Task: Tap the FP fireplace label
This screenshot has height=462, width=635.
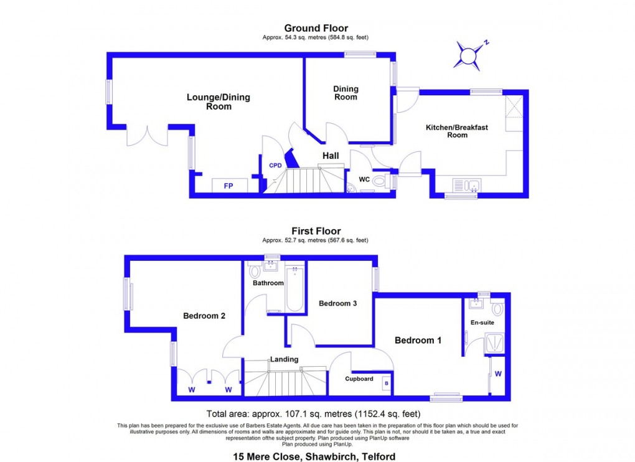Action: tap(228, 186)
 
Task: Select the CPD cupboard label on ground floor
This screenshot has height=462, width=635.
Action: tap(275, 165)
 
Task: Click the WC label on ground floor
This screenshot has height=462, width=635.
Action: tap(365, 180)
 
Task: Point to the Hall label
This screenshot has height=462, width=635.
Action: tap(331, 155)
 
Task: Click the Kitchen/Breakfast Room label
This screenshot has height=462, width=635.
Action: tap(457, 131)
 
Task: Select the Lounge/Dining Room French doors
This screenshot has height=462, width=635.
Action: tap(148, 136)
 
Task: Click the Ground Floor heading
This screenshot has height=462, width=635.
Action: tap(316, 28)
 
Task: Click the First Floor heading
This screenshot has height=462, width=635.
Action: tap(316, 231)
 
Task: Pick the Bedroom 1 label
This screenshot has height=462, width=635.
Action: tap(418, 340)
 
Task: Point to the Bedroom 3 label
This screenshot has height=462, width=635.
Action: tap(337, 303)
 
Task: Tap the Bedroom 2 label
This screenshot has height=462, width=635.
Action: tap(204, 316)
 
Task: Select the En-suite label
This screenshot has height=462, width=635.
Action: tap(482, 323)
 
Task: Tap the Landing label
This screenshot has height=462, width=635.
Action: tap(284, 359)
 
